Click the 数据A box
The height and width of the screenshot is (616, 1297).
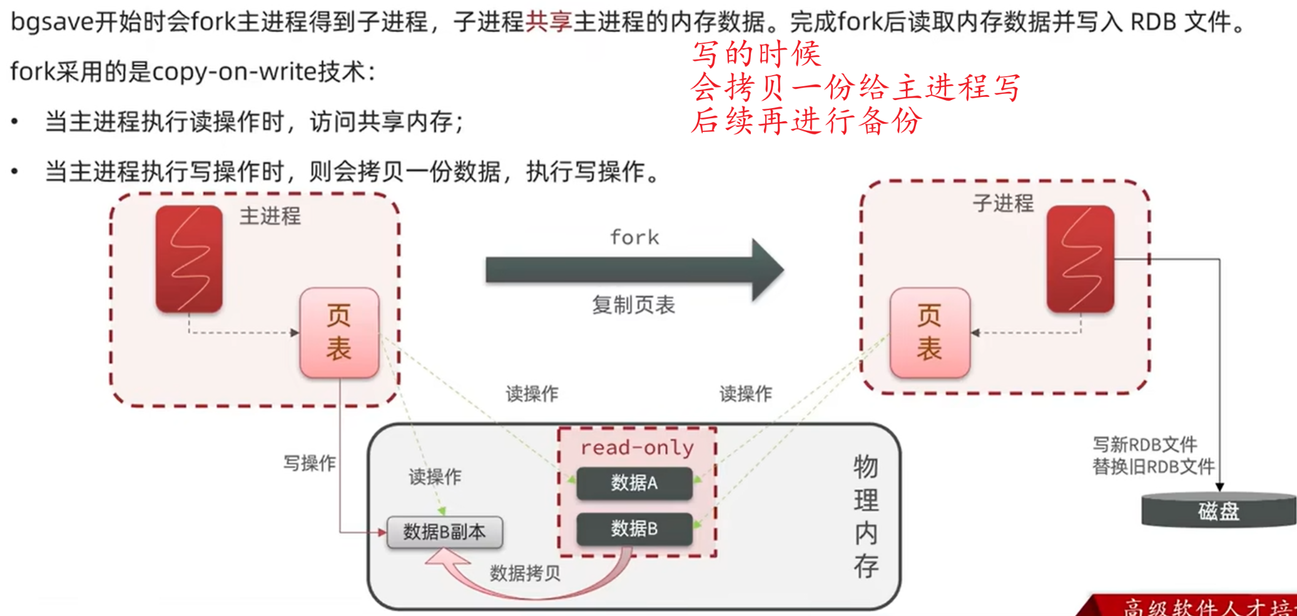(634, 483)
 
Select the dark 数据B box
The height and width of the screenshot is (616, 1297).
(634, 529)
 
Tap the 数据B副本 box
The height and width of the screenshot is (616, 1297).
(444, 532)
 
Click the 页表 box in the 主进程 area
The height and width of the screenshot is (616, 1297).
(339, 332)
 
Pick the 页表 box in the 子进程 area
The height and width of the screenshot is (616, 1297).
(930, 332)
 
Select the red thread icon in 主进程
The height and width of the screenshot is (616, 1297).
(189, 259)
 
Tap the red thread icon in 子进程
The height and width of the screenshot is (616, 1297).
(1080, 259)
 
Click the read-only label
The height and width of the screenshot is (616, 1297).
(637, 448)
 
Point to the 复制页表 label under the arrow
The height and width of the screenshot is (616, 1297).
(633, 305)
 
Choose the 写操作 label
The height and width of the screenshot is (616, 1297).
(309, 463)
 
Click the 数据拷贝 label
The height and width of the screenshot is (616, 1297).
(524, 573)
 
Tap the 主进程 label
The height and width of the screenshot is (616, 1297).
(270, 216)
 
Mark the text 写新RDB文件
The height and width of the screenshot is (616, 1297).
(1144, 445)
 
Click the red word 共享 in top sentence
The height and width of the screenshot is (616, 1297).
(549, 22)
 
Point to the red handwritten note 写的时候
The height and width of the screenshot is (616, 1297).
(756, 54)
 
